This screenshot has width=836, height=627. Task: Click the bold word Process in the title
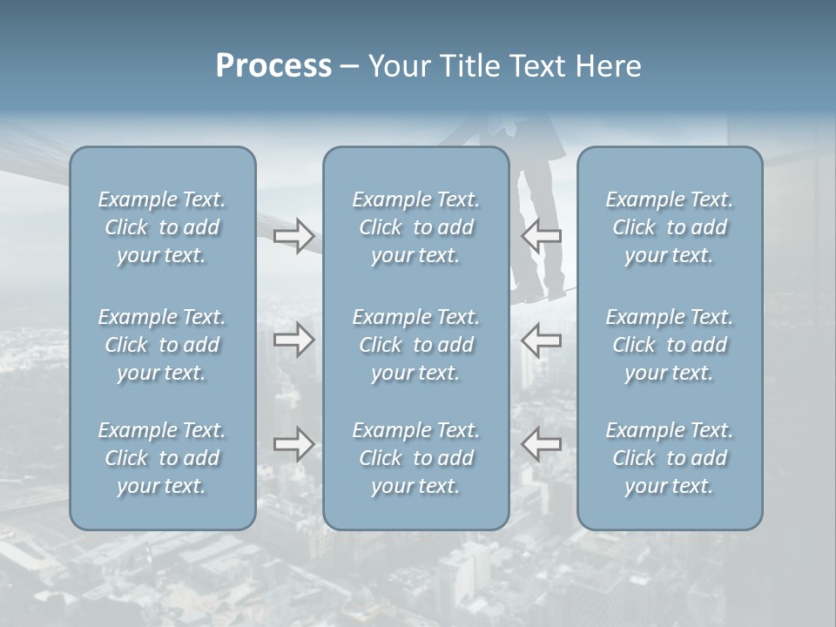click(273, 66)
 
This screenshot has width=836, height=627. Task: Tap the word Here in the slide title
click(608, 66)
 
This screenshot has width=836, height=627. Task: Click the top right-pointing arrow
click(294, 236)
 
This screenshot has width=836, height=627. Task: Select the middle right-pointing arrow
click(294, 340)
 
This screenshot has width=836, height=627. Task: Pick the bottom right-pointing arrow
click(294, 445)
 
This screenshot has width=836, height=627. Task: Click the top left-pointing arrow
click(541, 236)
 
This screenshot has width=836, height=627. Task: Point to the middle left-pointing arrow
click(541, 340)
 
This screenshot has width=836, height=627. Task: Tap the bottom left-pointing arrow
click(541, 445)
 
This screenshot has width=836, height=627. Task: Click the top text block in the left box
click(162, 227)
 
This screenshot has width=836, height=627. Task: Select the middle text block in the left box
click(162, 345)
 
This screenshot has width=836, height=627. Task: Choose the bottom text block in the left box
click(162, 458)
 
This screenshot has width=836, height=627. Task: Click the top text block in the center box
click(415, 227)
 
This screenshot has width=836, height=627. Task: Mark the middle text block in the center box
click(415, 345)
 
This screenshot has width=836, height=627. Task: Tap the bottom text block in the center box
click(415, 458)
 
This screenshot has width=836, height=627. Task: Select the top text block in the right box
click(669, 227)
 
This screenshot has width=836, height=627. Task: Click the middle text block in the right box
click(669, 345)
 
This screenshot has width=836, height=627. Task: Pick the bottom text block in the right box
click(669, 458)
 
